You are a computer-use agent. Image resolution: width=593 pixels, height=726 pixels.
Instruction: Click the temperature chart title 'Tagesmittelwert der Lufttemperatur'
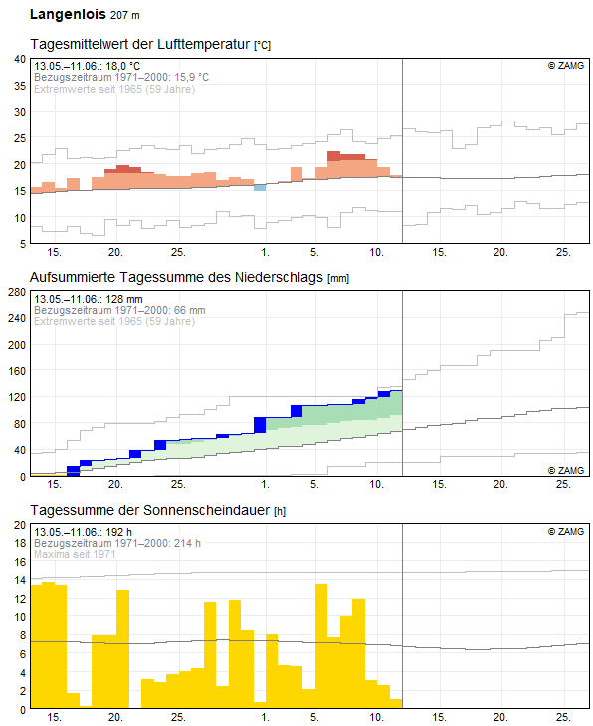pyautogui.click(x=140, y=45)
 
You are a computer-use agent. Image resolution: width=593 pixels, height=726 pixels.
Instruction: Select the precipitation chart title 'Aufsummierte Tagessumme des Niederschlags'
pyautogui.click(x=176, y=277)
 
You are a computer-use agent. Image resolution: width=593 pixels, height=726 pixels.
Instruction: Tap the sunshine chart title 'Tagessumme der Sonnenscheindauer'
pyautogui.click(x=150, y=510)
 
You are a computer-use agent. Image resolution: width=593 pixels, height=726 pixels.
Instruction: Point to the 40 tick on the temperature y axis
pyautogui.click(x=20, y=60)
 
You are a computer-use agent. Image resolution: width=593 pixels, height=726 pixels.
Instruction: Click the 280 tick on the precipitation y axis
pyautogui.click(x=17, y=292)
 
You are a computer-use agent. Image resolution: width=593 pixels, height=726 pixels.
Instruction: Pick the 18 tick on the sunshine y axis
pyautogui.click(x=20, y=543)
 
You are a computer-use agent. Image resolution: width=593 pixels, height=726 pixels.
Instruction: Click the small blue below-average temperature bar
pyautogui.click(x=260, y=187)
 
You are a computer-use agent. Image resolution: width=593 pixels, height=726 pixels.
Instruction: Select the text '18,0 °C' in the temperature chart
pyautogui.click(x=122, y=66)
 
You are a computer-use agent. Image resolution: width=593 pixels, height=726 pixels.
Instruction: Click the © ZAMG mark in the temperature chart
pyautogui.click(x=566, y=66)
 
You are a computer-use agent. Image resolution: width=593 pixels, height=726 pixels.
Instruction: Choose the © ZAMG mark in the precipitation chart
pyautogui.click(x=566, y=470)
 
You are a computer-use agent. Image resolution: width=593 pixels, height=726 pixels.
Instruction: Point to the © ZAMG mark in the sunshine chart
pyautogui.click(x=566, y=531)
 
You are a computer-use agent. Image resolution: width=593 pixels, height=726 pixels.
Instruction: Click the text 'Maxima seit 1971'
pyautogui.click(x=75, y=554)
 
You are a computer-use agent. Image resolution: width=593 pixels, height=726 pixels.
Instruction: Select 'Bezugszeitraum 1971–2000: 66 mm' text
pyautogui.click(x=119, y=310)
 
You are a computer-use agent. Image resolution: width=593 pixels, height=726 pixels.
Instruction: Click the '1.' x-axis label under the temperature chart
pyautogui.click(x=265, y=252)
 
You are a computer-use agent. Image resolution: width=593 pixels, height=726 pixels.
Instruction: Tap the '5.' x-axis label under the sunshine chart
pyautogui.click(x=314, y=717)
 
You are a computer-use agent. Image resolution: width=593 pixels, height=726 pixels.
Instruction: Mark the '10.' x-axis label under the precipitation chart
pyautogui.click(x=376, y=485)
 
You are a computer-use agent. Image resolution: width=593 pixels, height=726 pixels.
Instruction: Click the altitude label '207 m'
pyautogui.click(x=125, y=15)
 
